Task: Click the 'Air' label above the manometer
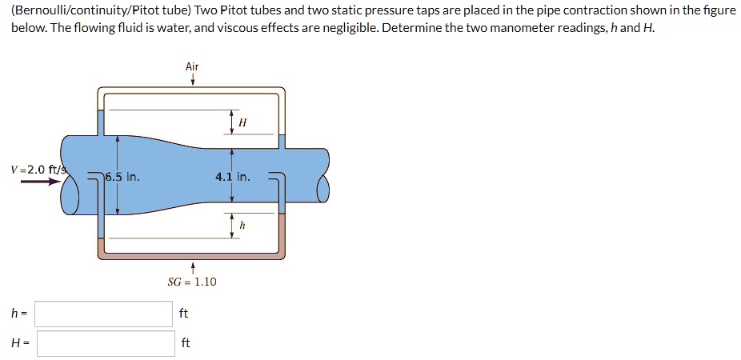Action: [x=192, y=66]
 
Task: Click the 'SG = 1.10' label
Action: [x=192, y=282]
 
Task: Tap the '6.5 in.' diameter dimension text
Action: [x=123, y=177]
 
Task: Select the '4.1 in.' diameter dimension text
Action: [x=232, y=177]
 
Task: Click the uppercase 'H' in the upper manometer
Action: [x=242, y=122]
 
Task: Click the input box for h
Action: [x=103, y=314]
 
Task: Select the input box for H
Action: [x=106, y=343]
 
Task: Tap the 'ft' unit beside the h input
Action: [x=184, y=314]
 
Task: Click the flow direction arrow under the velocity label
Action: [x=40, y=182]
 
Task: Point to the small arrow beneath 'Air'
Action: [x=192, y=80]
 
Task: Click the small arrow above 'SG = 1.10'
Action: [x=192, y=266]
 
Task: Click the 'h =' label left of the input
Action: [x=17, y=314]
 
